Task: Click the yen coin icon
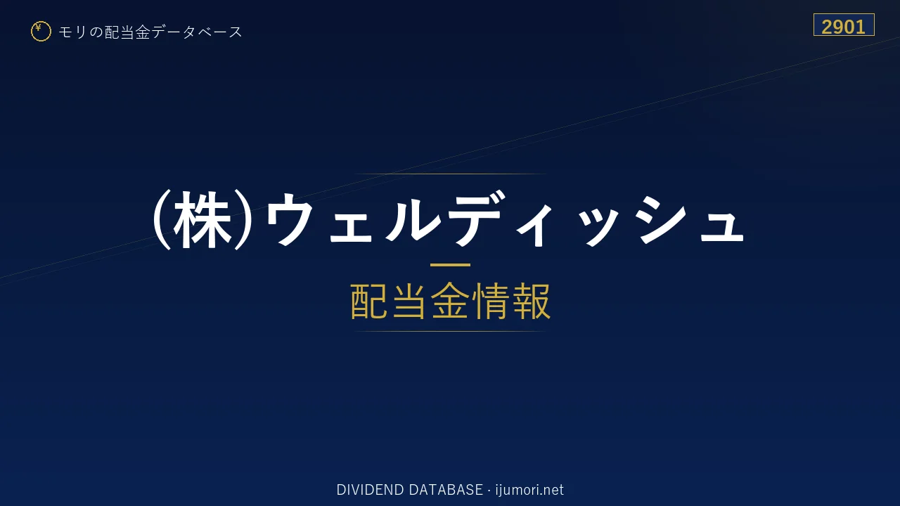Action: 41,32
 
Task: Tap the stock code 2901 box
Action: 844,25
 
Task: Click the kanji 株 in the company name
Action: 203,220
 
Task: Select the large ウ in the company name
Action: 288,219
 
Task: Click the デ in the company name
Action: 477,218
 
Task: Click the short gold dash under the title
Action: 450,265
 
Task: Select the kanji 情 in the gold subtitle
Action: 491,301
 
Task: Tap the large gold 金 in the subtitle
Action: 450,301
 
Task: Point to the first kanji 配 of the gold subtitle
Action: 370,301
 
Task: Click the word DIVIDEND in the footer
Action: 370,490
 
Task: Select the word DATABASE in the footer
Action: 446,490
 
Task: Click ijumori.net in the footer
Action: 529,490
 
